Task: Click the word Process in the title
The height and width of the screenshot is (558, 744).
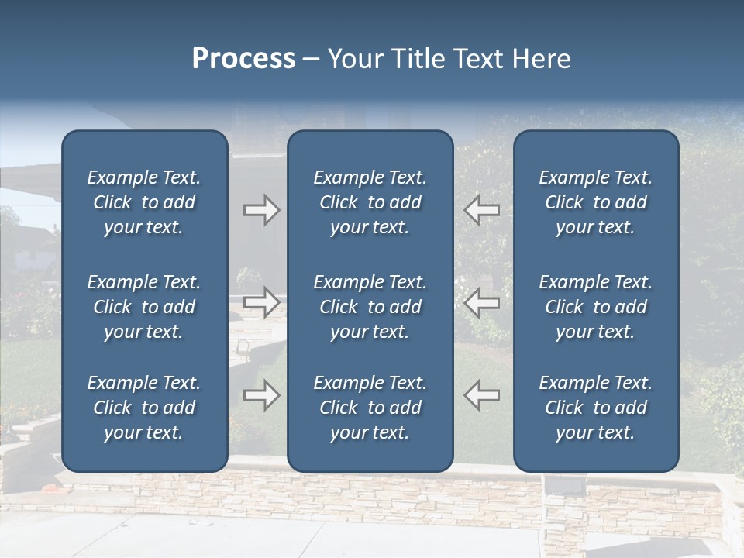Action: [243, 59]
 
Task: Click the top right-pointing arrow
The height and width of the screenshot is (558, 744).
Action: [262, 209]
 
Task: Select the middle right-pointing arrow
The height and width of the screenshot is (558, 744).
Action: [262, 302]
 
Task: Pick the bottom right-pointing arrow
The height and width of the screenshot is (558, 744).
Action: [262, 395]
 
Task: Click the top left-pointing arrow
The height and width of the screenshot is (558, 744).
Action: [482, 209]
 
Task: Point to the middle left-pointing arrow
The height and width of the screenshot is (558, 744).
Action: [482, 302]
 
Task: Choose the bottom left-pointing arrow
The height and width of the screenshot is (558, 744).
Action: [482, 395]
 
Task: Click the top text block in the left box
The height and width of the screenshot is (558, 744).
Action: [144, 202]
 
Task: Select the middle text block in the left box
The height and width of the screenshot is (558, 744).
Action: [144, 307]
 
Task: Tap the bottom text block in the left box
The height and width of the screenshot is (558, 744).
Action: [144, 408]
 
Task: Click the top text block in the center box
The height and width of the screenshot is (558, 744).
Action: [370, 202]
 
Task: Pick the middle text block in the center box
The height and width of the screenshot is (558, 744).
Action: [370, 307]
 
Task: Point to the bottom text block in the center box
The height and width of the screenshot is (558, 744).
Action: [370, 408]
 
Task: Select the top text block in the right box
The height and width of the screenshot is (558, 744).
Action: [596, 202]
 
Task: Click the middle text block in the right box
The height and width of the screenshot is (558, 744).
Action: [596, 307]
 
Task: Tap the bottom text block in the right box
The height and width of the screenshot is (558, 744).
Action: [596, 408]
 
